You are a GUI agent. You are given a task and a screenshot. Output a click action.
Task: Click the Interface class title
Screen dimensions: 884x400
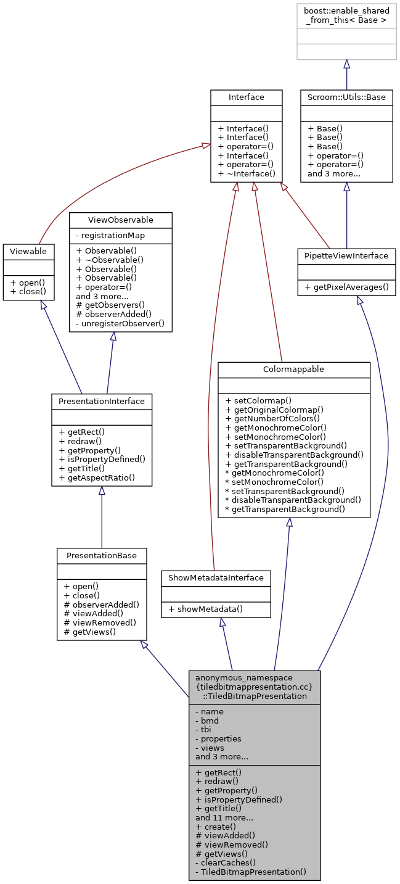point(246,97)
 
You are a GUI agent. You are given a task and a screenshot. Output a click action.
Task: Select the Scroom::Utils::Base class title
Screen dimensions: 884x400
point(346,97)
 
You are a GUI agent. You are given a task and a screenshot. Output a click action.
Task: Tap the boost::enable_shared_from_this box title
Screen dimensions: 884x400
point(346,15)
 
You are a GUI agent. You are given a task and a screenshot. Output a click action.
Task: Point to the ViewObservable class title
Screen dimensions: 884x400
point(120,220)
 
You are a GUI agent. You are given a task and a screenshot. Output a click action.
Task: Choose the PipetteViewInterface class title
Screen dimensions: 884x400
point(346,255)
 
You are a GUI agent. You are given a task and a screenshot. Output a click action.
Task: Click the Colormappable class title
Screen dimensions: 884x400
point(293,369)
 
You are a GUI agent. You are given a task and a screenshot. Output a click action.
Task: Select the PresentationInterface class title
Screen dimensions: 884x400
point(101,401)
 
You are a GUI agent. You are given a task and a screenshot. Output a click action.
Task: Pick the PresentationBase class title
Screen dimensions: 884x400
point(101,555)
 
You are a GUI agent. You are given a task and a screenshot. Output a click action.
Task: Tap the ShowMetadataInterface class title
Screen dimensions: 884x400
point(215,577)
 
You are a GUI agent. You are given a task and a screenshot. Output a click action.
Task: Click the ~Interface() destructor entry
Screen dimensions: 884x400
point(246,175)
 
